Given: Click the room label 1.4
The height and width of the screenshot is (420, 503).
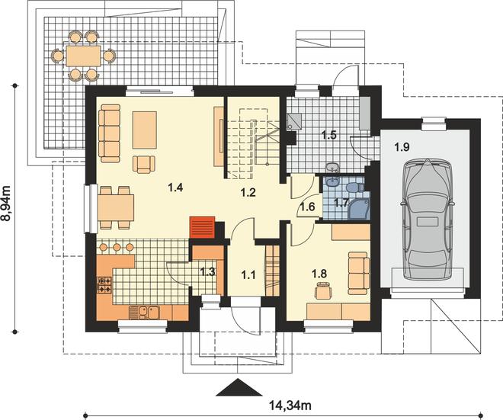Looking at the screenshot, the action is click(x=175, y=187).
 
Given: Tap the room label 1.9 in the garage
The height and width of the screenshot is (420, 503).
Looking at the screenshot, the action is click(x=402, y=147).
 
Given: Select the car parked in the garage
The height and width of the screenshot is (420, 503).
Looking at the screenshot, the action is click(x=427, y=219).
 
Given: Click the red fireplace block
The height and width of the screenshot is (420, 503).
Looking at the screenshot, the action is click(x=202, y=227).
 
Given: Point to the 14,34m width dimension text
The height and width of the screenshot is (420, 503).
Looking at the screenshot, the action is click(x=290, y=406).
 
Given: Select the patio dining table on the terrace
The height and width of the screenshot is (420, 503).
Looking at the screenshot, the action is click(x=83, y=56).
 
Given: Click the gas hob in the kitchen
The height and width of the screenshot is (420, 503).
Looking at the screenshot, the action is click(x=104, y=285).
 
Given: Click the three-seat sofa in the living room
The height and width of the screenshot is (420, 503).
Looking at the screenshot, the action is click(x=110, y=133).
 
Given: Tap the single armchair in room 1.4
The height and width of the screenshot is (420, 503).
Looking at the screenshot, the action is click(x=144, y=165).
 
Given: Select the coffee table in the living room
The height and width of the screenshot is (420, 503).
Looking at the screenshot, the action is click(x=145, y=130).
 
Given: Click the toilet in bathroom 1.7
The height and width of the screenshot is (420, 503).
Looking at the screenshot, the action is click(x=355, y=187).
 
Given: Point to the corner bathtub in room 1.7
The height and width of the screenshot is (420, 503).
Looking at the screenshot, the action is click(x=360, y=209).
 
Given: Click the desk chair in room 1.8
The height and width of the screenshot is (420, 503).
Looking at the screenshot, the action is click(x=323, y=290).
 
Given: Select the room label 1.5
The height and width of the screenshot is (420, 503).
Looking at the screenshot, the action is click(x=328, y=135).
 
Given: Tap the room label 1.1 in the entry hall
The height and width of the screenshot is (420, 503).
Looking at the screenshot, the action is click(x=248, y=274).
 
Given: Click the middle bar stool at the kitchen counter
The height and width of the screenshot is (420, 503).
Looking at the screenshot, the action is click(x=117, y=247).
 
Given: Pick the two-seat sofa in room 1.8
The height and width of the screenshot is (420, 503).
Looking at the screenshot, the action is click(x=359, y=273).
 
